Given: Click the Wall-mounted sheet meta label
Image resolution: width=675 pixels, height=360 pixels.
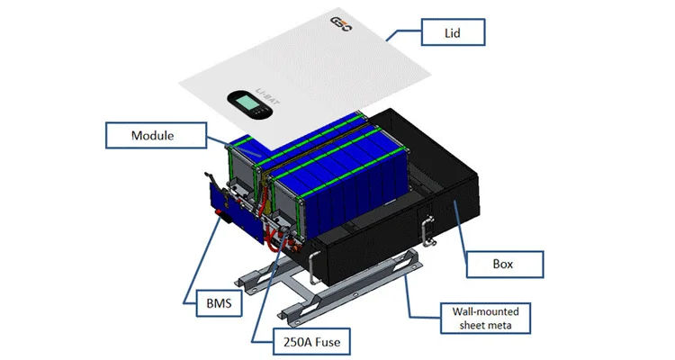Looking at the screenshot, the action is point(486,317).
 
